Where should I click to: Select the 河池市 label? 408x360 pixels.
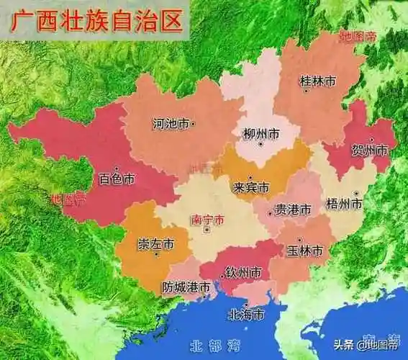coord(171,124)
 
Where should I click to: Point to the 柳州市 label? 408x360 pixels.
coord(260,135)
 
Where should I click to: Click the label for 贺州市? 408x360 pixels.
coord(369,150)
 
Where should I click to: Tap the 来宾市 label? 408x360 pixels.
coord(251,187)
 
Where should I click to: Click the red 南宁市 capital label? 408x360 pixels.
coord(207,218)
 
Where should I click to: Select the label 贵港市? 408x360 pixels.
coord(294,210)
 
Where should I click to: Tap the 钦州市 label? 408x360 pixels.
coord(243,272)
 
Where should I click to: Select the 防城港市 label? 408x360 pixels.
coord(186,287)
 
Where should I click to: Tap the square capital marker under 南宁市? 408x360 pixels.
coord(207,230)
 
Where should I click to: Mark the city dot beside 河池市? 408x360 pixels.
coord(194,124)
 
